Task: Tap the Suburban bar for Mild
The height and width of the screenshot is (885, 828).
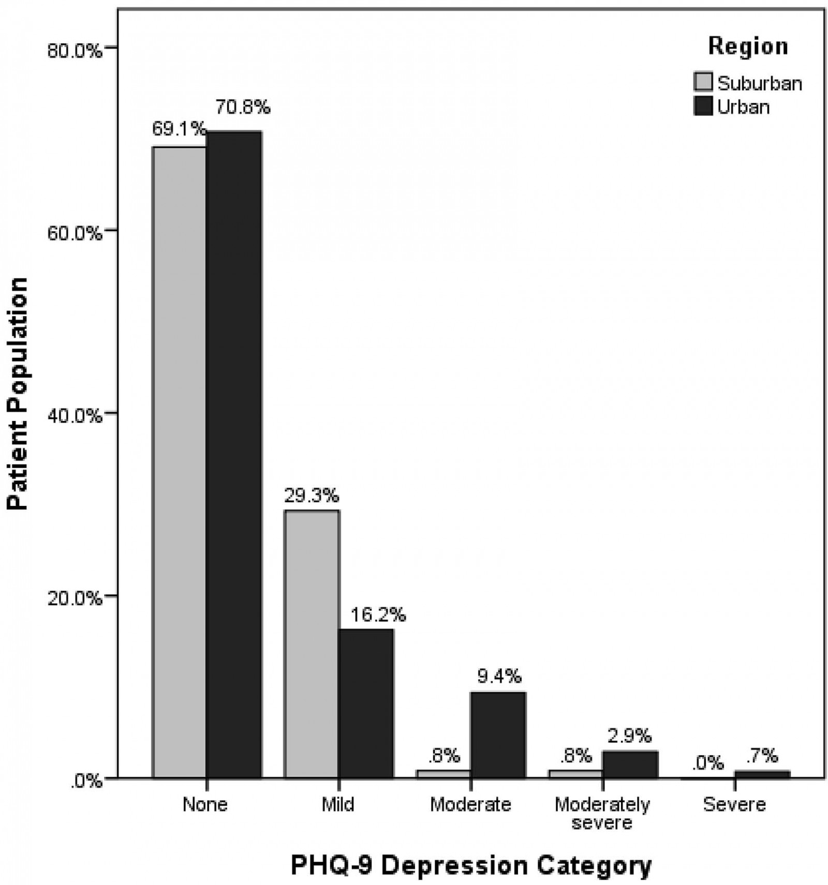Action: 312,643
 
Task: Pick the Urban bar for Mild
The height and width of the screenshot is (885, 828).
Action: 366,703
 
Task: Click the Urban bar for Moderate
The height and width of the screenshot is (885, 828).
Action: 498,734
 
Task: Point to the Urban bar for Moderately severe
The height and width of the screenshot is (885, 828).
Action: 630,764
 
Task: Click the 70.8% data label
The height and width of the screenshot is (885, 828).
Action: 243,107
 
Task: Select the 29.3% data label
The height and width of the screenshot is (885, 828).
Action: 312,496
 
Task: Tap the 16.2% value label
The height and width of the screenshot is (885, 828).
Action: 378,614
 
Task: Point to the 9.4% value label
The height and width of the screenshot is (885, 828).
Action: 499,676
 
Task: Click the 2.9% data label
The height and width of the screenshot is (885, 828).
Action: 629,735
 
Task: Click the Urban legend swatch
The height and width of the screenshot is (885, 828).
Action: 703,106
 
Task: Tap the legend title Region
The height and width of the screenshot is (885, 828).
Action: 748,46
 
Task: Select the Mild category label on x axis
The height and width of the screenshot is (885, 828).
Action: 338,804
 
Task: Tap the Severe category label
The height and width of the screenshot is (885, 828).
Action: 734,804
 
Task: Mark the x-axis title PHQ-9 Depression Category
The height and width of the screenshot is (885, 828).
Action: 471,865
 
